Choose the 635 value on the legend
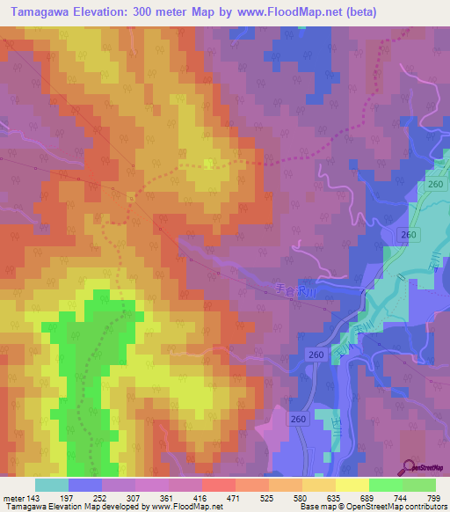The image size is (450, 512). (x=355, y=498)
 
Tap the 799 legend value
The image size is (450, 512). (x=432, y=498)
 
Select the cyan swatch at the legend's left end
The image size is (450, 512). (x=51, y=485)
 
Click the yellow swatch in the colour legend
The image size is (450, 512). (x=352, y=485)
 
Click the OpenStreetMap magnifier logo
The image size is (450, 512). (x=409, y=468)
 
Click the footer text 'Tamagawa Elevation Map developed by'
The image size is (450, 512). (x=64, y=508)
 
